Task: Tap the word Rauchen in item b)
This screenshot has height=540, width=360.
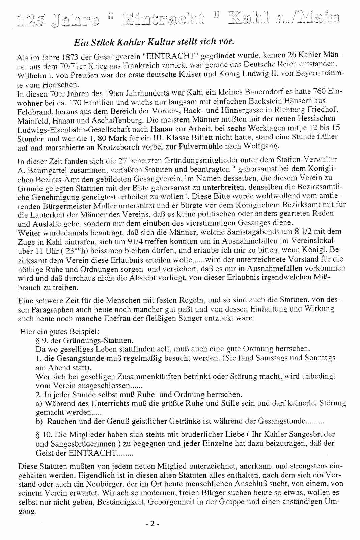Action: coord(60,422)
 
